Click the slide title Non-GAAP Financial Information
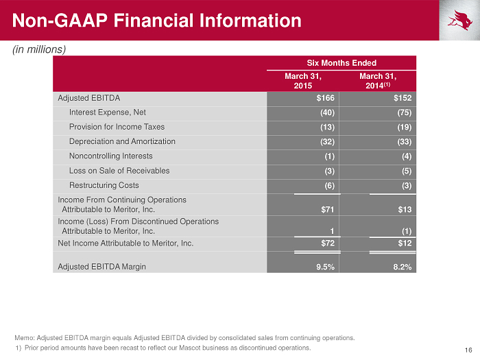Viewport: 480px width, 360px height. tap(157, 21)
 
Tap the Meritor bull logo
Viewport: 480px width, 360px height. tap(460, 20)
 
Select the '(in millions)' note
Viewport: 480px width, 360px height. tap(39, 49)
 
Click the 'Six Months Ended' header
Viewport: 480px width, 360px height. tap(341, 63)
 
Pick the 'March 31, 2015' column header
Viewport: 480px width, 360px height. tap(303, 81)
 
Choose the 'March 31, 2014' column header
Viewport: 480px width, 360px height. tap(378, 81)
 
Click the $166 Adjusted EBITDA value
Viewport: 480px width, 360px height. tap(326, 98)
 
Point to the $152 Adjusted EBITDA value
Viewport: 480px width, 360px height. tap(403, 98)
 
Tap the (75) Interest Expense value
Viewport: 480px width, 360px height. tap(405, 112)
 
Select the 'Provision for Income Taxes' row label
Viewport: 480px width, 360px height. tap(117, 127)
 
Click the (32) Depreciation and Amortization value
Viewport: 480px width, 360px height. tap(327, 142)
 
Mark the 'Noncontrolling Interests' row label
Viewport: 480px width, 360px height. tap(111, 156)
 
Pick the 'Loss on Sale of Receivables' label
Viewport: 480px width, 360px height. tap(119, 171)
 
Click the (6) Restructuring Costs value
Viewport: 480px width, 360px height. tap(329, 186)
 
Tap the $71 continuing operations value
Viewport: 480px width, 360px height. tap(328, 210)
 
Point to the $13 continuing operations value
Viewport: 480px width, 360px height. tap(405, 210)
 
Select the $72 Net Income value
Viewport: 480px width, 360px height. tap(328, 243)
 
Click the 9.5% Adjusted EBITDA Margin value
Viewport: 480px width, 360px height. tap(326, 267)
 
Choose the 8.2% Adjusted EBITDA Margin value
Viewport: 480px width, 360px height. tap(403, 267)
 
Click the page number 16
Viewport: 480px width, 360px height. tap(468, 350)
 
